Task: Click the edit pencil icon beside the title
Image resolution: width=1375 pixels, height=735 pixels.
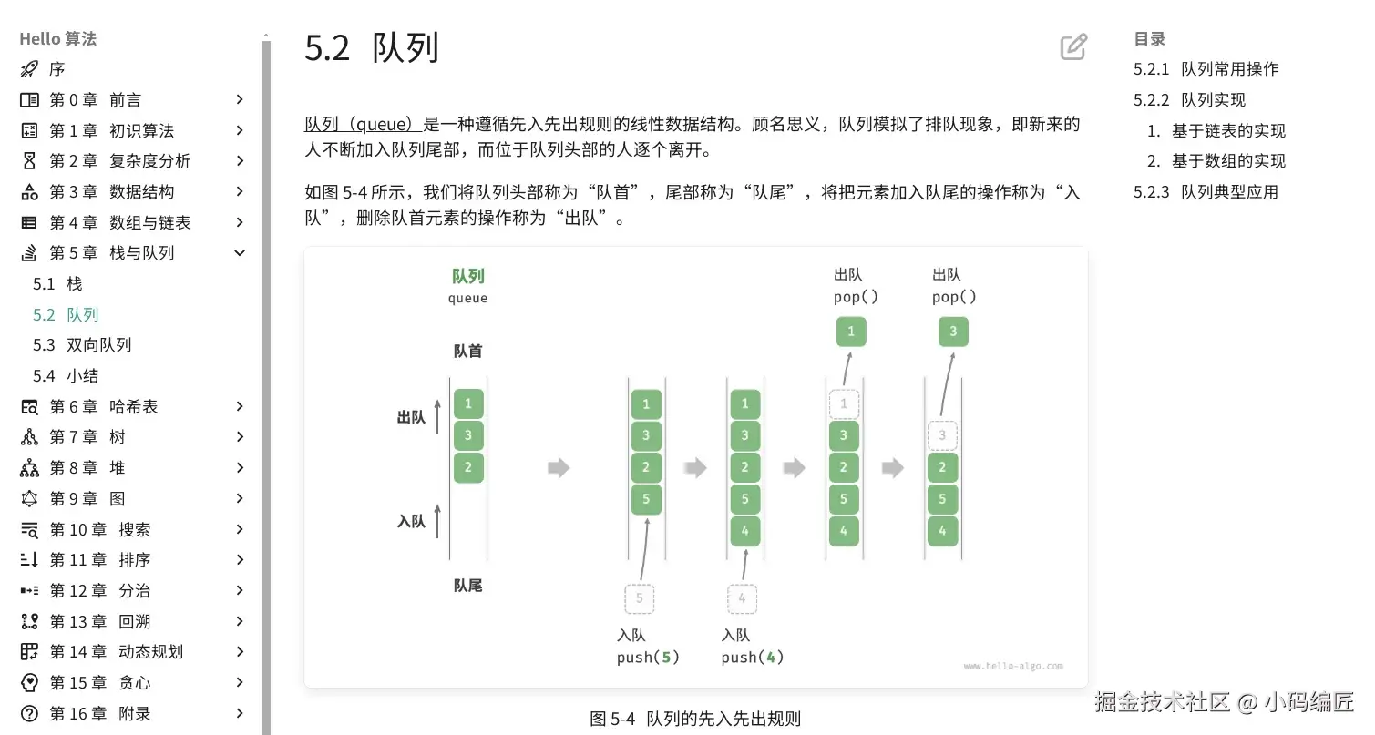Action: (x=1073, y=47)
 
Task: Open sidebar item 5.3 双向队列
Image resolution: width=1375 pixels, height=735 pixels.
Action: (x=82, y=345)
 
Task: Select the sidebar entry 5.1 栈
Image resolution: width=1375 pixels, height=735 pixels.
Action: (x=57, y=284)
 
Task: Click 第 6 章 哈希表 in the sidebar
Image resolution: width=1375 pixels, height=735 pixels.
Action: (x=103, y=407)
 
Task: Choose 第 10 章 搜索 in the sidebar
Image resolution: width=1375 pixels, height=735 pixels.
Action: (x=99, y=529)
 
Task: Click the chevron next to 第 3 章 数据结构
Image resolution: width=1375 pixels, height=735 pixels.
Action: (x=240, y=191)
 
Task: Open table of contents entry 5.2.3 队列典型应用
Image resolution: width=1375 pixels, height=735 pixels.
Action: (x=1206, y=192)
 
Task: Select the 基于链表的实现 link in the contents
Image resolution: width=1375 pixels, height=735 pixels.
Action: (x=1227, y=131)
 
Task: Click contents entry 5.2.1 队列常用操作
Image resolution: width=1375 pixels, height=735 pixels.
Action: (x=1206, y=69)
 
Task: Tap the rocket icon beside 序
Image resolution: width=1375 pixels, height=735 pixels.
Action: (x=29, y=69)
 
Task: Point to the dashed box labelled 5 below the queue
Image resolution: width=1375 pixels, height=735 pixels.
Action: (x=640, y=598)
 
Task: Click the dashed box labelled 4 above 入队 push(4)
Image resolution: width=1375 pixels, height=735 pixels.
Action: (x=743, y=598)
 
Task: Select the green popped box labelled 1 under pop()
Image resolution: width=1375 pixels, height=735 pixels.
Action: (x=851, y=332)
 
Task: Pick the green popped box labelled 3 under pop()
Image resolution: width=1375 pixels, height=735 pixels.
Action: (x=953, y=332)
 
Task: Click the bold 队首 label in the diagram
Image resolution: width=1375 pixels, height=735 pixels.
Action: (x=467, y=352)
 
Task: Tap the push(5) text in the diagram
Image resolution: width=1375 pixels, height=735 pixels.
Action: (x=648, y=658)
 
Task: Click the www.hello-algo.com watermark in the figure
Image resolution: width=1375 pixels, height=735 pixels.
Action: (x=1013, y=667)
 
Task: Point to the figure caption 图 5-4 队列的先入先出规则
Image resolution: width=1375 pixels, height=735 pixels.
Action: (x=695, y=719)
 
